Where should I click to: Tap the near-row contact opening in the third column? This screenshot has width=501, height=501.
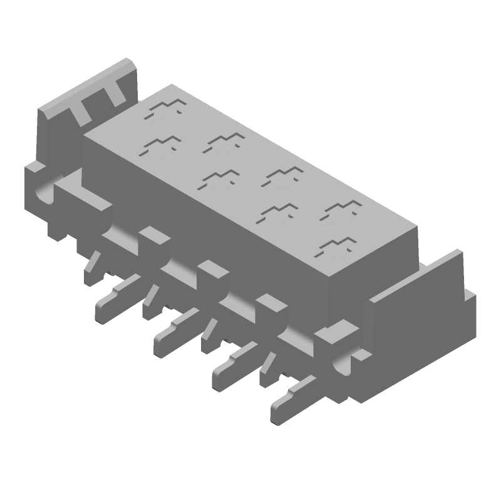(x=278, y=213)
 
